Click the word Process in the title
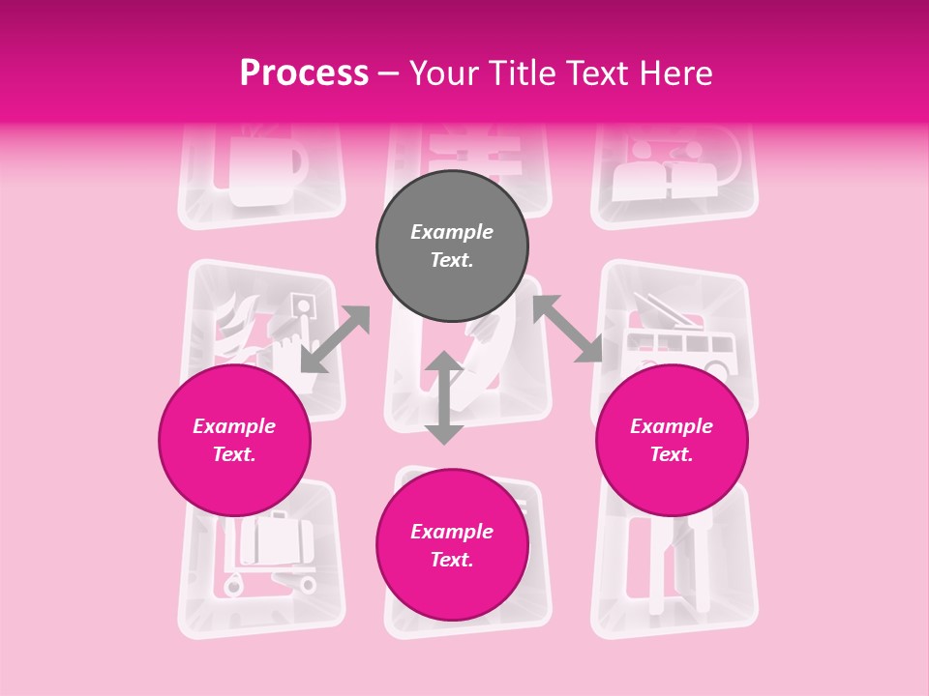click(304, 73)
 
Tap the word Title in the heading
click(534, 73)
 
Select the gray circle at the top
click(452, 246)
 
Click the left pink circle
click(234, 440)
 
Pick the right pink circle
click(672, 440)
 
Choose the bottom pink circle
click(452, 545)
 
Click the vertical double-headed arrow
click(444, 397)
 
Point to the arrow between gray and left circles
click(335, 338)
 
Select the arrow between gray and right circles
click(567, 329)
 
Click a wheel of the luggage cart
click(234, 584)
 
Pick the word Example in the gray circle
click(452, 232)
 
